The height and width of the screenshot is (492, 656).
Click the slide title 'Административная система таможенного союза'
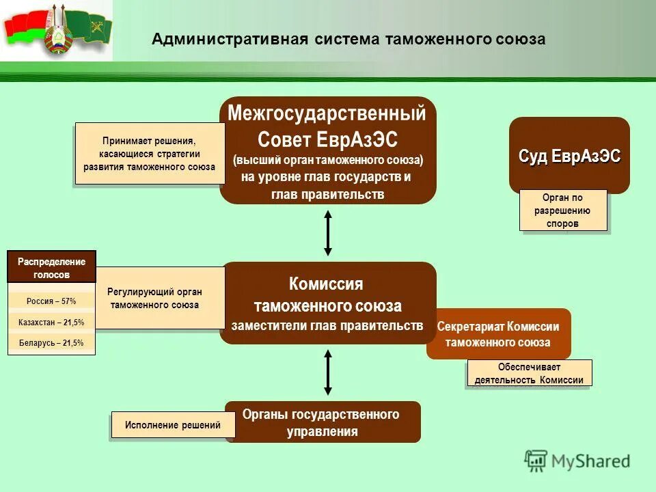point(348,39)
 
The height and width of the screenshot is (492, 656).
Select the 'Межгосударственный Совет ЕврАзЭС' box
point(327,150)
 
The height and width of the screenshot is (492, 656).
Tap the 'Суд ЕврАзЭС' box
point(569,154)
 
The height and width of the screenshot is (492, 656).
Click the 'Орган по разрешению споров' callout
point(564,210)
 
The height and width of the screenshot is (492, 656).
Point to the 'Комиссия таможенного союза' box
point(327,302)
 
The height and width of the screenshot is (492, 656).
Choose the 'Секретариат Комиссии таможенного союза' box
point(498,334)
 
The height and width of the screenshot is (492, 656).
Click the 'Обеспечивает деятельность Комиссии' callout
point(529,374)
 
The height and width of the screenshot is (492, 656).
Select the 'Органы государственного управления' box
point(323,422)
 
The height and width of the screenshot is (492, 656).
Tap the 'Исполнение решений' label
point(173,425)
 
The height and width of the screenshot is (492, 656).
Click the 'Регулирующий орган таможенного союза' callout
point(155,298)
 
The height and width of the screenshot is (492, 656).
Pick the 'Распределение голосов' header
point(51,267)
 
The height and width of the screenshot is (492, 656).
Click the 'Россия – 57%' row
point(51,301)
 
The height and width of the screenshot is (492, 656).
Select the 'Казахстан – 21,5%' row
point(51,322)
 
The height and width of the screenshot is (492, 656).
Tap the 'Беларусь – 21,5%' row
point(51,343)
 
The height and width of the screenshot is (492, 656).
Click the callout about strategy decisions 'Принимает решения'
point(149,154)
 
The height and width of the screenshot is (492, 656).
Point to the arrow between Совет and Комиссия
point(328,233)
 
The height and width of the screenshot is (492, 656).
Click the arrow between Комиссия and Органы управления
point(328,372)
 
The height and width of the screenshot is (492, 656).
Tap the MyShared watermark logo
point(577,461)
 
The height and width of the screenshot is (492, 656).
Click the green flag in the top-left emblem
point(89,27)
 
